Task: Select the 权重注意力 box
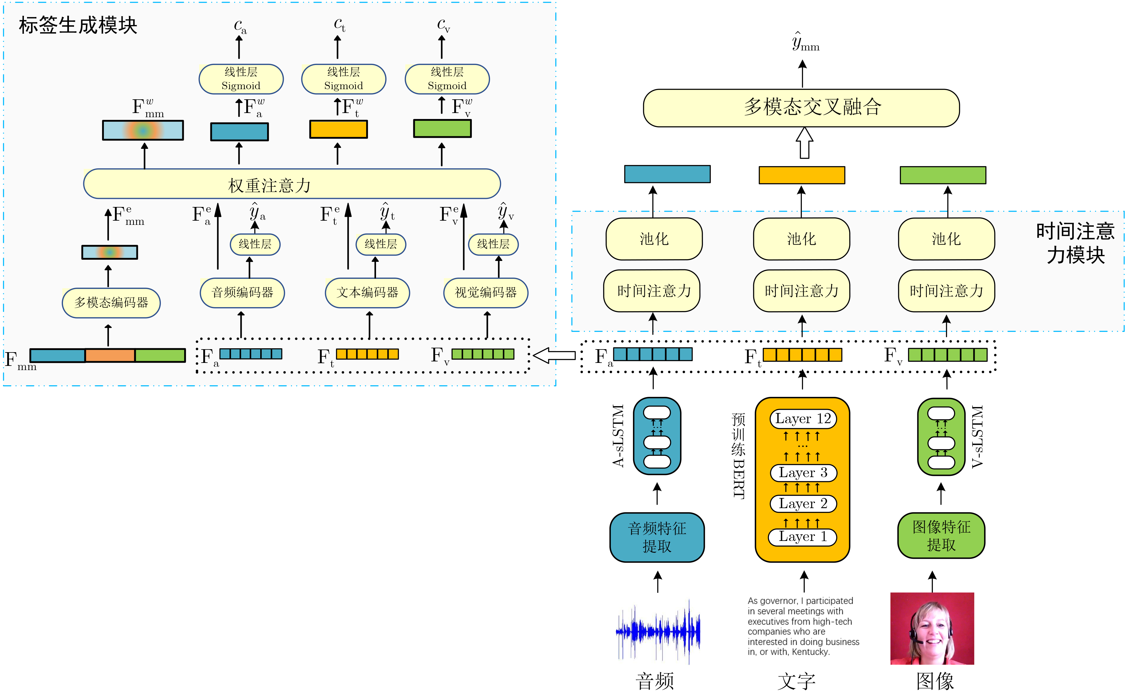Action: [292, 184]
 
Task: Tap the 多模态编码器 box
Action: [111, 302]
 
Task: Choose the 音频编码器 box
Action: [242, 293]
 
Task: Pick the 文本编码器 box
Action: [367, 293]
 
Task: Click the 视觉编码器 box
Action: [486, 293]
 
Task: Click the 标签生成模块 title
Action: [78, 25]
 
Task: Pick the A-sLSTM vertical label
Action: [618, 435]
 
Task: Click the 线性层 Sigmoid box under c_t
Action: [343, 79]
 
